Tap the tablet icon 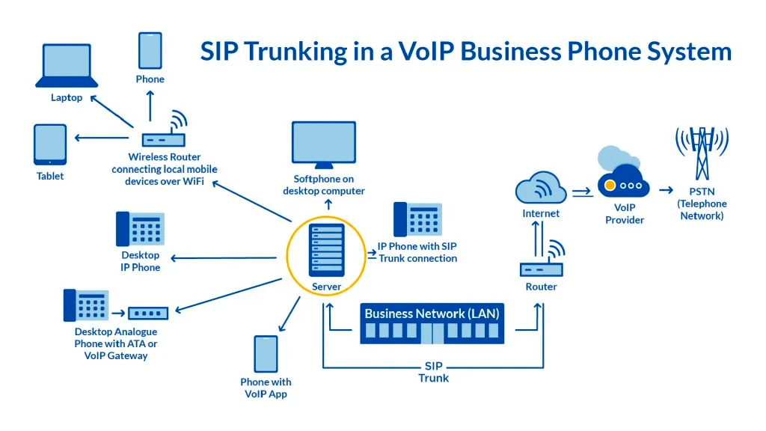(50, 144)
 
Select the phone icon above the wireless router (150, 50)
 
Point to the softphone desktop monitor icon (323, 144)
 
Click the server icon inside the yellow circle (326, 251)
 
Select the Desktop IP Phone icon (140, 229)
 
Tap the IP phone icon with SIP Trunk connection (417, 220)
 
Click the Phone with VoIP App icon (266, 353)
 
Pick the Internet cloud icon (540, 188)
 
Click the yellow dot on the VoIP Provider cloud (610, 185)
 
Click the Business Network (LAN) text (432, 313)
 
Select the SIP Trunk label (433, 372)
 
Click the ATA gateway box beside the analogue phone (148, 313)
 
